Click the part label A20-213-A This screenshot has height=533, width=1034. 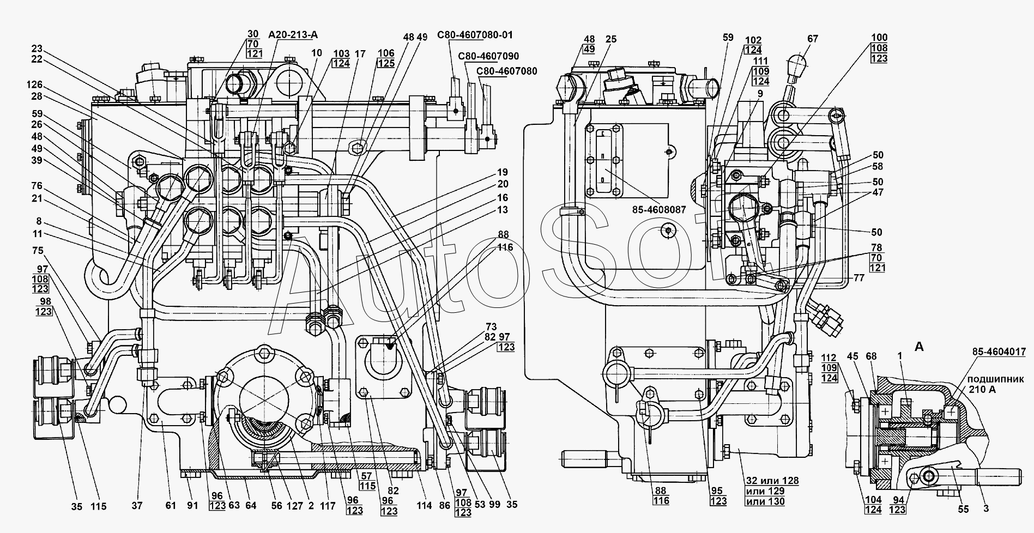[293, 35]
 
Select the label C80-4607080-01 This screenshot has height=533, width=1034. [475, 35]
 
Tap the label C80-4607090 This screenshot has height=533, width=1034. [488, 56]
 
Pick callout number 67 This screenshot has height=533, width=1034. [813, 39]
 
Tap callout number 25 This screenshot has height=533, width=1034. [611, 39]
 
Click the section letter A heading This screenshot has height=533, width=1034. [918, 347]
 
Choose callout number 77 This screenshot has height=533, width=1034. [858, 277]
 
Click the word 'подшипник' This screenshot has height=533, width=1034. [995, 379]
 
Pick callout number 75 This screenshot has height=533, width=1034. [38, 251]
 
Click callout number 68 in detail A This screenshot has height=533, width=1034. [871, 356]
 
